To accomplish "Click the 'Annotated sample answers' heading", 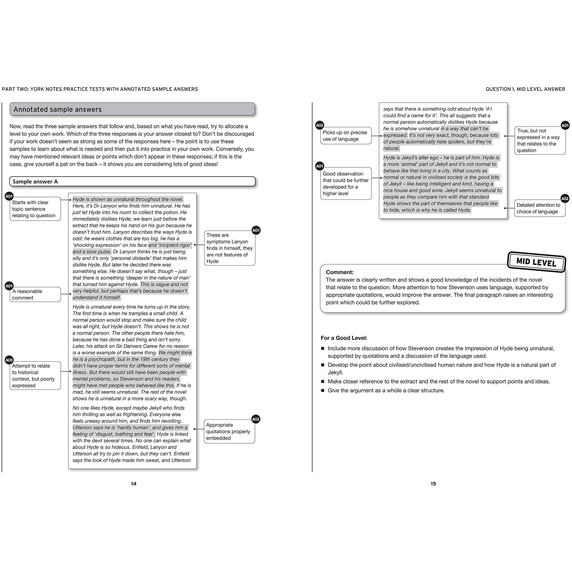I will [58, 109].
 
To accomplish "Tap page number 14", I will [134, 483].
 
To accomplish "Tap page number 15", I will [433, 483].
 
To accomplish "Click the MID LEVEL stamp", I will [536, 262].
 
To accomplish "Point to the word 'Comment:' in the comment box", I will [340, 272].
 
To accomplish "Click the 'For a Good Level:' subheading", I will [344, 338].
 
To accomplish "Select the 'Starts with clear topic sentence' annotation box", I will [35, 209].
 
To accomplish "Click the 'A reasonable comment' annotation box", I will [35, 295].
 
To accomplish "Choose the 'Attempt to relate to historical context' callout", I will [35, 375].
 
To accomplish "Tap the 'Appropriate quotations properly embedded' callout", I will [229, 431].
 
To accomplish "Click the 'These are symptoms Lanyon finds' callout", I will [229, 248].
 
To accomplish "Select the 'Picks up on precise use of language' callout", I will [345, 136].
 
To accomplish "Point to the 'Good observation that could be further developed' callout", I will [345, 183].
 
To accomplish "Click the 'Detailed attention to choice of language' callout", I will [539, 208].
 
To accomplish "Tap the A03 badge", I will [9, 360].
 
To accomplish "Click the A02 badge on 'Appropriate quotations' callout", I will [255, 419].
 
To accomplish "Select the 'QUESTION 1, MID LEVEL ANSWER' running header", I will [525, 89].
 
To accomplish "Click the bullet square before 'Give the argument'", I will [323, 391].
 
